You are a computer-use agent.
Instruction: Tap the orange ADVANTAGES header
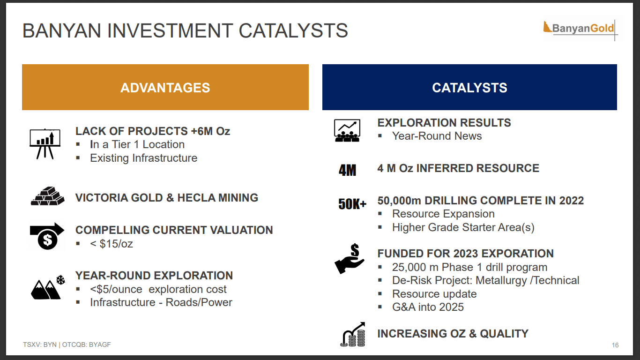[x=165, y=87]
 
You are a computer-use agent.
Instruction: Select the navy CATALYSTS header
[x=469, y=87]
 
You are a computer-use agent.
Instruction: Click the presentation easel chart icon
[x=45, y=144]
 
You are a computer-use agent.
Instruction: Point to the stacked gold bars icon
[x=47, y=196]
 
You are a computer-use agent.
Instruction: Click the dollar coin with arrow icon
[x=47, y=236]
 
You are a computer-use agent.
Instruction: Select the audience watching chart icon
[x=347, y=130]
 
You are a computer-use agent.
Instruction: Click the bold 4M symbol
[x=348, y=170]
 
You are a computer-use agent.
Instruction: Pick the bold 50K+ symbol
[x=352, y=204]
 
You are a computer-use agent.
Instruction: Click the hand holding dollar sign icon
[x=350, y=259]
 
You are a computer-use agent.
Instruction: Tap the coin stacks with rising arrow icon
[x=353, y=334]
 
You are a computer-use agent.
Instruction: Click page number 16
[x=615, y=345]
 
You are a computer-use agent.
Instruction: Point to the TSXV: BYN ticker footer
[x=67, y=345]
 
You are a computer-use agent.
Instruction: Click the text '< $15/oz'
[x=112, y=244]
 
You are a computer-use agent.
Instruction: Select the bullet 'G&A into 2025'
[x=428, y=307]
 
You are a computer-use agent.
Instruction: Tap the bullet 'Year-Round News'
[x=437, y=136]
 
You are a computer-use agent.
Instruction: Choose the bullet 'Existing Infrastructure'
[x=143, y=158]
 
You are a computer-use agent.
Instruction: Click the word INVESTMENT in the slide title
[x=170, y=30]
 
